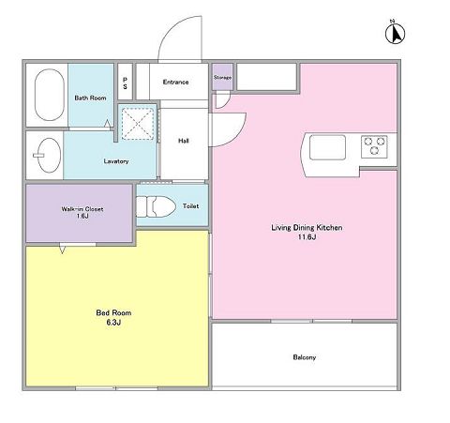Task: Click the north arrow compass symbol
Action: [395, 33]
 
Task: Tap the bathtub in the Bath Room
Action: [50, 95]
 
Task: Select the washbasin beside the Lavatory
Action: [49, 156]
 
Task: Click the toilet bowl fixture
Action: [156, 206]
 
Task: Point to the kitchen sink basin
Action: [327, 147]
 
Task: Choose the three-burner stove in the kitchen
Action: [374, 146]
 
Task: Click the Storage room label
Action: [222, 77]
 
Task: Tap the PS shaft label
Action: [125, 83]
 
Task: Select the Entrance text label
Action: [175, 82]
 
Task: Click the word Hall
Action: [184, 141]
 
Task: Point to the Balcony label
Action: [305, 357]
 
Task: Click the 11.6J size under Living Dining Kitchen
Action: [307, 236]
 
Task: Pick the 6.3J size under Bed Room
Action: [113, 322]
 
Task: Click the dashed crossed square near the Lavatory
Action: [138, 124]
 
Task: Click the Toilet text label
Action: [190, 206]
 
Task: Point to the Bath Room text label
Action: [90, 98]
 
